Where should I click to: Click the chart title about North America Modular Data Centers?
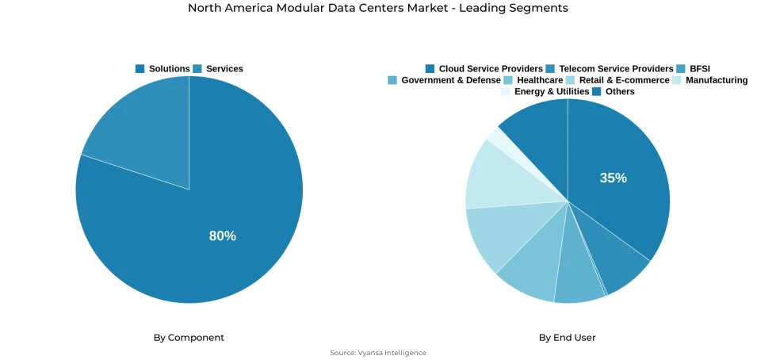point(378,8)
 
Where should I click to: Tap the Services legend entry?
point(218,69)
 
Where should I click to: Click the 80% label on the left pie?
point(222,236)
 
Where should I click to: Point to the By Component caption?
point(189,338)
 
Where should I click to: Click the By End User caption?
point(567,338)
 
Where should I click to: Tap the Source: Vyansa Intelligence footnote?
point(378,353)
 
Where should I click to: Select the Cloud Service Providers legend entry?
point(484,69)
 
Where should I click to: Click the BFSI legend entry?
point(694,69)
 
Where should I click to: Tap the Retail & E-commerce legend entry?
point(617,80)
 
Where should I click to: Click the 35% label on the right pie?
point(613,178)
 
